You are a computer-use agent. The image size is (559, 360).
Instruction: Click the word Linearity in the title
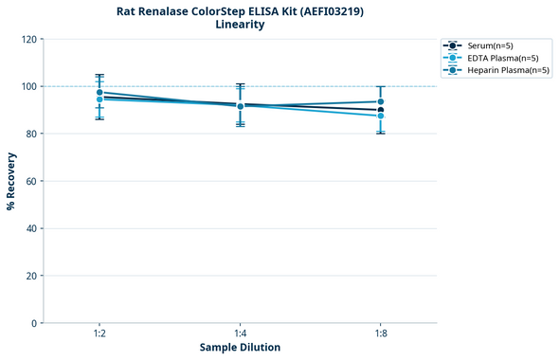pyautogui.click(x=240, y=25)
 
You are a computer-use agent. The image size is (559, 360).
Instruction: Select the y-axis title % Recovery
pyautogui.click(x=11, y=180)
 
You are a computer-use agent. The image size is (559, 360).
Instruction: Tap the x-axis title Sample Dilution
pyautogui.click(x=240, y=348)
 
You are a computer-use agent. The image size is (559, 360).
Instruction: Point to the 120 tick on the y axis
pyautogui.click(x=28, y=39)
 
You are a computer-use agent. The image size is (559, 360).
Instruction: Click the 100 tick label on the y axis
pyautogui.click(x=28, y=86)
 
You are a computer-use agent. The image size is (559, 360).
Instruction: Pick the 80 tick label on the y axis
pyautogui.click(x=31, y=134)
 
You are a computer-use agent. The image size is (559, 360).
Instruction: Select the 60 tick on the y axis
pyautogui.click(x=31, y=181)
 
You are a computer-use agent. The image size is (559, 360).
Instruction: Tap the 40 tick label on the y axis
pyautogui.click(x=31, y=228)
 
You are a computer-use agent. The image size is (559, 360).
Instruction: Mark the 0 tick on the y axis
pyautogui.click(x=34, y=323)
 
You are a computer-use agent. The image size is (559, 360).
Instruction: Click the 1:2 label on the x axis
pyautogui.click(x=99, y=333)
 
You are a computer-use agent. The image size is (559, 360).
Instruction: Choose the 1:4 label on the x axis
pyautogui.click(x=240, y=333)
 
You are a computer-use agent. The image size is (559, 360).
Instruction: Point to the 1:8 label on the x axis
pyautogui.click(x=380, y=333)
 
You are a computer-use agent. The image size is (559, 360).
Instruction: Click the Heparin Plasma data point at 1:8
pyautogui.click(x=380, y=101)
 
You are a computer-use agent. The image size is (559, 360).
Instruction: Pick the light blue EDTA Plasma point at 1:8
pyautogui.click(x=380, y=116)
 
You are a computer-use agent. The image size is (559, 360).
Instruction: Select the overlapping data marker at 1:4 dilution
pyautogui.click(x=240, y=106)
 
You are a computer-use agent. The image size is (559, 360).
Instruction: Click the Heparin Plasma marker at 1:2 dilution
pyautogui.click(x=99, y=93)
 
